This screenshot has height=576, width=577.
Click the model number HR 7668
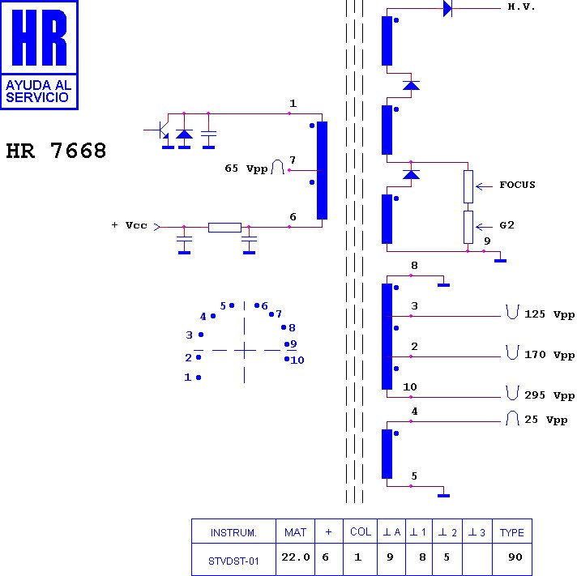click(56, 151)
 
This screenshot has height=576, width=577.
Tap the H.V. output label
click(521, 7)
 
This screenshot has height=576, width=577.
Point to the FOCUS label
click(517, 186)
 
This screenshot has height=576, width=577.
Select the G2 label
click(506, 226)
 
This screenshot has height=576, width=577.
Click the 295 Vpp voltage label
click(550, 396)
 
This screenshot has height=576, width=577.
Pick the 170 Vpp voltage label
click(550, 355)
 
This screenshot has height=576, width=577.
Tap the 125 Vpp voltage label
click(550, 314)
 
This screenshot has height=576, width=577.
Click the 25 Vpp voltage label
click(545, 420)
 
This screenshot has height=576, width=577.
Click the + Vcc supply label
click(129, 225)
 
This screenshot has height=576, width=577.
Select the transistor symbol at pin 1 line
click(160, 130)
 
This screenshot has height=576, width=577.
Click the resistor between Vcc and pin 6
click(224, 227)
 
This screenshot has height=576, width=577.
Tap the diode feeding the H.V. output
click(447, 9)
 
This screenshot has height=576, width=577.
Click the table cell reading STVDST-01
click(233, 561)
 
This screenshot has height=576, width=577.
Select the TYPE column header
click(511, 532)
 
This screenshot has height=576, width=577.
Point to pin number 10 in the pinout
click(297, 361)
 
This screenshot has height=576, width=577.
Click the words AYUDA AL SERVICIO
click(39, 91)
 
